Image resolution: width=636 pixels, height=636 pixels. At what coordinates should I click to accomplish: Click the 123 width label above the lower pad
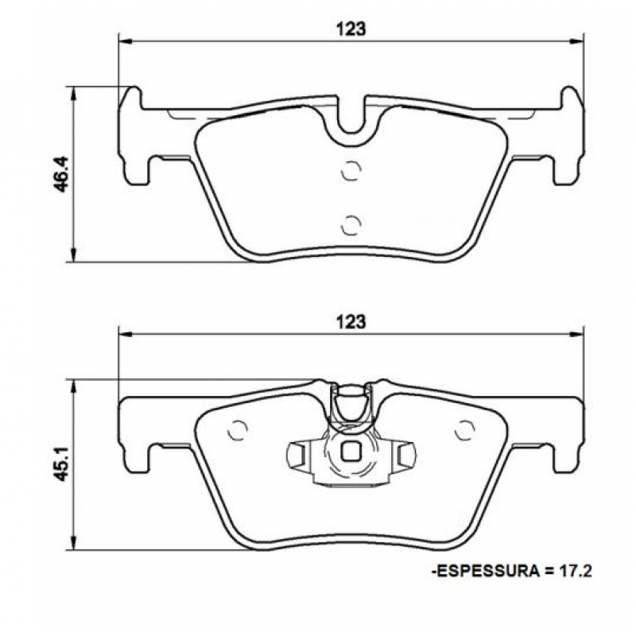tap(350, 322)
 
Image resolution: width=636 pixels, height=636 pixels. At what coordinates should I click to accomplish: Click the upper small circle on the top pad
tap(351, 172)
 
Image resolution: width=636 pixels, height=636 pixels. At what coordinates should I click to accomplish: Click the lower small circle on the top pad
tap(351, 225)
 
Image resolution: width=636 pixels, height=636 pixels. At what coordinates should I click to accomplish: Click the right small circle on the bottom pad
tap(463, 430)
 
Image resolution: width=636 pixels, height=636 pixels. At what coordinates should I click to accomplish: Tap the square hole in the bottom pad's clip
tap(351, 452)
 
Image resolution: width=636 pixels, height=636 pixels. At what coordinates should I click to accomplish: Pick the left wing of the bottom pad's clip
tap(297, 455)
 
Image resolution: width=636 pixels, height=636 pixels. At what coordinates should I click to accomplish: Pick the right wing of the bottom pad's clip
tap(405, 455)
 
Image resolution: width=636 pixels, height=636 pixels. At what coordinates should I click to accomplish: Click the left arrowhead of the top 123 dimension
tap(123, 40)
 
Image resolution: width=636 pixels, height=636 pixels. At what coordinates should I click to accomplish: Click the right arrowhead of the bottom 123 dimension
tap(578, 333)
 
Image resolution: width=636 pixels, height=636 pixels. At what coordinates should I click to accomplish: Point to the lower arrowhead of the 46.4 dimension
tap(74, 255)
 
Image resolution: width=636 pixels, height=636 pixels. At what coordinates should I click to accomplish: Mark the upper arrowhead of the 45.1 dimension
tap(74, 385)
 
